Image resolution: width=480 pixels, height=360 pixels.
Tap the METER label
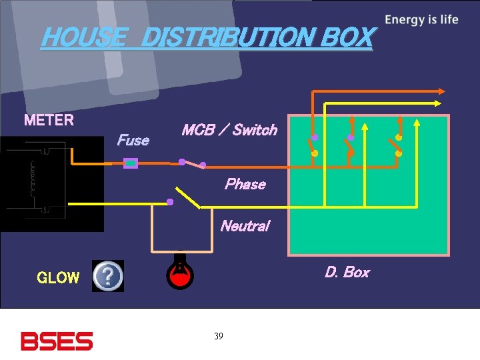coord(49,121)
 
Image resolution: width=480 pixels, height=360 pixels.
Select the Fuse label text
coord(133,140)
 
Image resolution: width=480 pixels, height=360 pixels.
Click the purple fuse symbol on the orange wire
coord(131,162)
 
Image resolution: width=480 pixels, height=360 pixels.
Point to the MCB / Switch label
coord(229,130)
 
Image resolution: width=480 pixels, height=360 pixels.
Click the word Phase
coord(245,184)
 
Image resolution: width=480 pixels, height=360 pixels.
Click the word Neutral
coord(245,226)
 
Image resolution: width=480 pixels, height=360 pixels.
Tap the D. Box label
coord(347,272)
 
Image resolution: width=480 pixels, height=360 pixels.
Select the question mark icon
coord(108,275)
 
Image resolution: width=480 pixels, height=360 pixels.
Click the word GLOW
coord(58,278)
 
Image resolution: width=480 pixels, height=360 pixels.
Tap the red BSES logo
coord(57,341)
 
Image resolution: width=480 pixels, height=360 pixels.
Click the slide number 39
coord(219,336)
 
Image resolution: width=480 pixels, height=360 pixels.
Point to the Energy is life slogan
coord(421,19)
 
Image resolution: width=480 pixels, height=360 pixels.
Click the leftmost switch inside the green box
coord(312,145)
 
